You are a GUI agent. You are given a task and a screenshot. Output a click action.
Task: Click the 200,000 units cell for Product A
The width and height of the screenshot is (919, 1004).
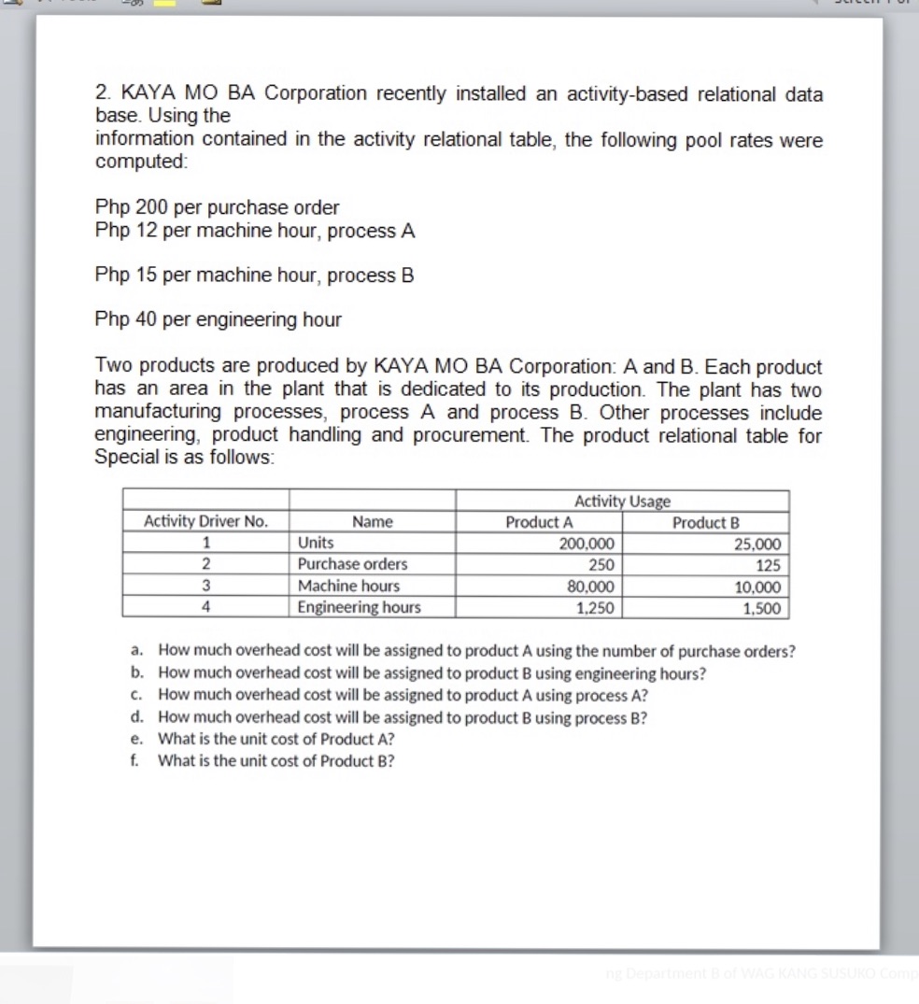587,544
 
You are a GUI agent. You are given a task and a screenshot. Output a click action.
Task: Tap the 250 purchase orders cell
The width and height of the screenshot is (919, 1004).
601,565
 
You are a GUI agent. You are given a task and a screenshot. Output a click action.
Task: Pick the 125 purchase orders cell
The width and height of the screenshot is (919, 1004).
769,566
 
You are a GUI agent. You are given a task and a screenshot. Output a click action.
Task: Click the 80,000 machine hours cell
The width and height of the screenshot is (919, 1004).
590,587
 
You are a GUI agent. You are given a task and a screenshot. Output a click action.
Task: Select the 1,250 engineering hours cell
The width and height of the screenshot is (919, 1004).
595,608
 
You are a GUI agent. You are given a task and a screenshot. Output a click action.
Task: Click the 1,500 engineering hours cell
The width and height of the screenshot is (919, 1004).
763,609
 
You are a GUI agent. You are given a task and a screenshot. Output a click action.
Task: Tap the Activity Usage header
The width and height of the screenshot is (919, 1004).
622,502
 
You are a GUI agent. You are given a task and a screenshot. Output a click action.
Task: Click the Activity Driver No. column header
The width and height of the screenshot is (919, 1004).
205,522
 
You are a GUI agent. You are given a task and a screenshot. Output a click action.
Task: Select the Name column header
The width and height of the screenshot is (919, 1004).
372,522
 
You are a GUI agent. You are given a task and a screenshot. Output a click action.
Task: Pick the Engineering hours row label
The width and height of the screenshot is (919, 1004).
359,608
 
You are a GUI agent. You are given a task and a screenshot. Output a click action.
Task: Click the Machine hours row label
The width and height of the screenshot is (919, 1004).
348,587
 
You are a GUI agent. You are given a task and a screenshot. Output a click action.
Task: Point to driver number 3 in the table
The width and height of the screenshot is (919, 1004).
205,587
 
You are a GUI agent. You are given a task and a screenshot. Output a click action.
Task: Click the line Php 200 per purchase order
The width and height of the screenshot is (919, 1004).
217,207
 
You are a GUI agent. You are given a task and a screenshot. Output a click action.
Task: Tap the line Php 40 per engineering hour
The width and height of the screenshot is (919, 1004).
218,320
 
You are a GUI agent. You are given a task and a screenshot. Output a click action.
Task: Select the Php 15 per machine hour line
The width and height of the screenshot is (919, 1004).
254,276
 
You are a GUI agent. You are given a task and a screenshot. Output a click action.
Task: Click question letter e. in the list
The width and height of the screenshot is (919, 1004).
137,739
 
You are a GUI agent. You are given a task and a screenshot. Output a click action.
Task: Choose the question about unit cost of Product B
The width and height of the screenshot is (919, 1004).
276,761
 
